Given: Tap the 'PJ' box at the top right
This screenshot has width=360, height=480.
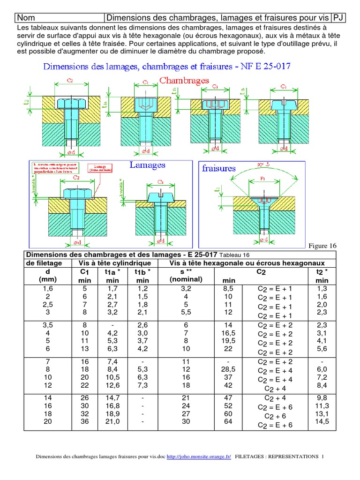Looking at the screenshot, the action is point(338,18).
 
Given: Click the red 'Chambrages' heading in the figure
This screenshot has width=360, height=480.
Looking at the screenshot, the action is point(184,81).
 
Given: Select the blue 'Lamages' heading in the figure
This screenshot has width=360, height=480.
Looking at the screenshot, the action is point(147,165).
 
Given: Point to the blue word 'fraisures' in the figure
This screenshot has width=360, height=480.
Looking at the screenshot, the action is point(218,168).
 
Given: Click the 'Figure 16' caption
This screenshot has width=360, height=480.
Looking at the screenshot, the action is point(322,246).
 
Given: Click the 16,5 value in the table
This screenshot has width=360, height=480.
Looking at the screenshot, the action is point(228,333).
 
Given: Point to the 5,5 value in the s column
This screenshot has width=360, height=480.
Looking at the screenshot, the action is point(186,312).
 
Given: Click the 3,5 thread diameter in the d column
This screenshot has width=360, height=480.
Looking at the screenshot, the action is point(48,325).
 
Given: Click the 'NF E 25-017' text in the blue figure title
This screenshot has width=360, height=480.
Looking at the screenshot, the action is point(263,66).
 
